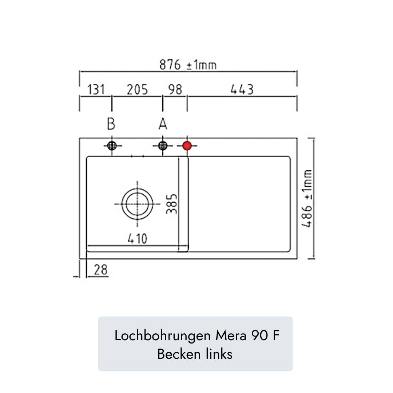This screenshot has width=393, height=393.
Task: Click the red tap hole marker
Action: coord(187,146)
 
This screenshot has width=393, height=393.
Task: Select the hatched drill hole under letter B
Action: coord(112,146)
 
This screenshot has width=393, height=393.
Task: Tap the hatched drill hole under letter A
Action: coord(163,146)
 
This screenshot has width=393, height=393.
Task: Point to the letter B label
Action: coord(111,124)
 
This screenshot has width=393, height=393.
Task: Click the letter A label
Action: coord(163,124)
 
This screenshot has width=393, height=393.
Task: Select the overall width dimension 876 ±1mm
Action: coord(188,65)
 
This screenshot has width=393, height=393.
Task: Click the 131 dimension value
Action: coord(96,90)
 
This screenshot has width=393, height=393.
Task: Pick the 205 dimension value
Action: coord(137,90)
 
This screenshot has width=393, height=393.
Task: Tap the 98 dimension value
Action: coord(175,90)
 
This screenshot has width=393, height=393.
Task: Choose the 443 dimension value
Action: coord(242,90)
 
